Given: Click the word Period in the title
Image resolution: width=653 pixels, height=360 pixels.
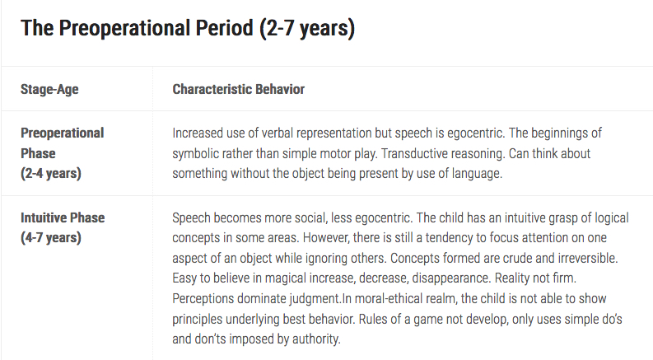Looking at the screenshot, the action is [x=224, y=28].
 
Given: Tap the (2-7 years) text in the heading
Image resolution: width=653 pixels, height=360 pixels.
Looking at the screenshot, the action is [x=307, y=29].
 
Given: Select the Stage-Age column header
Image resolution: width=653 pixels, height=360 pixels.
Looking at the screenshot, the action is [x=49, y=89].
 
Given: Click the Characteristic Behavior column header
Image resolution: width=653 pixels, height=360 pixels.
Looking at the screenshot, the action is [x=238, y=89].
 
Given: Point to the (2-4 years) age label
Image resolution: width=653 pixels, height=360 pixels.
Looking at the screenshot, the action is [x=51, y=173].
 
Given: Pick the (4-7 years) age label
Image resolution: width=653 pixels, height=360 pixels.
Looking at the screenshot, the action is [x=51, y=237].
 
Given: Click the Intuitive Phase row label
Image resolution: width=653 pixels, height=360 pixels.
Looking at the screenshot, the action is [x=63, y=217].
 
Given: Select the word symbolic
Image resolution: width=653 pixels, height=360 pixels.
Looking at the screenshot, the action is [x=195, y=153].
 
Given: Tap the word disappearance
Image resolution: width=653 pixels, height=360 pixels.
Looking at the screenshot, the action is [x=451, y=278].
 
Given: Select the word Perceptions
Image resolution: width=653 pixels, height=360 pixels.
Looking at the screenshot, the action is [x=203, y=299].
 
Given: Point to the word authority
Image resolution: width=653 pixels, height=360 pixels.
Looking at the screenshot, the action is [x=316, y=339].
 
